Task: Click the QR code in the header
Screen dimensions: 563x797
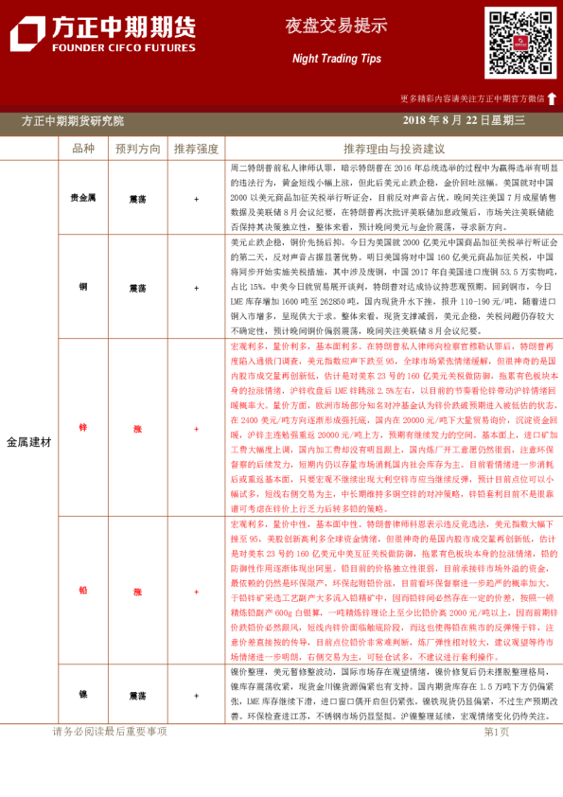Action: tap(520, 43)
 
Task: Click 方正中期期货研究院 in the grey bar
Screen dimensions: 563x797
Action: tap(73, 121)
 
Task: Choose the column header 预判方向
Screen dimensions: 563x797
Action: tap(138, 150)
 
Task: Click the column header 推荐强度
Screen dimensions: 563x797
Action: tap(196, 150)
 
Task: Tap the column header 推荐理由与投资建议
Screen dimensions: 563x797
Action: tap(394, 150)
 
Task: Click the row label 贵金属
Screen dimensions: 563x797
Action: tap(83, 199)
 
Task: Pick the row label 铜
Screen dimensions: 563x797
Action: tap(83, 287)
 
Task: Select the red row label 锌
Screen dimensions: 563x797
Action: tap(83, 429)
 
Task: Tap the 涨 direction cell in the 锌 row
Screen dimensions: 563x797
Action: tap(138, 429)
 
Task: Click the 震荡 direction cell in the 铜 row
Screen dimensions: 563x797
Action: tap(138, 287)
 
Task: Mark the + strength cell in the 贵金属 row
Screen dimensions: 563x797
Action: tap(196, 199)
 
